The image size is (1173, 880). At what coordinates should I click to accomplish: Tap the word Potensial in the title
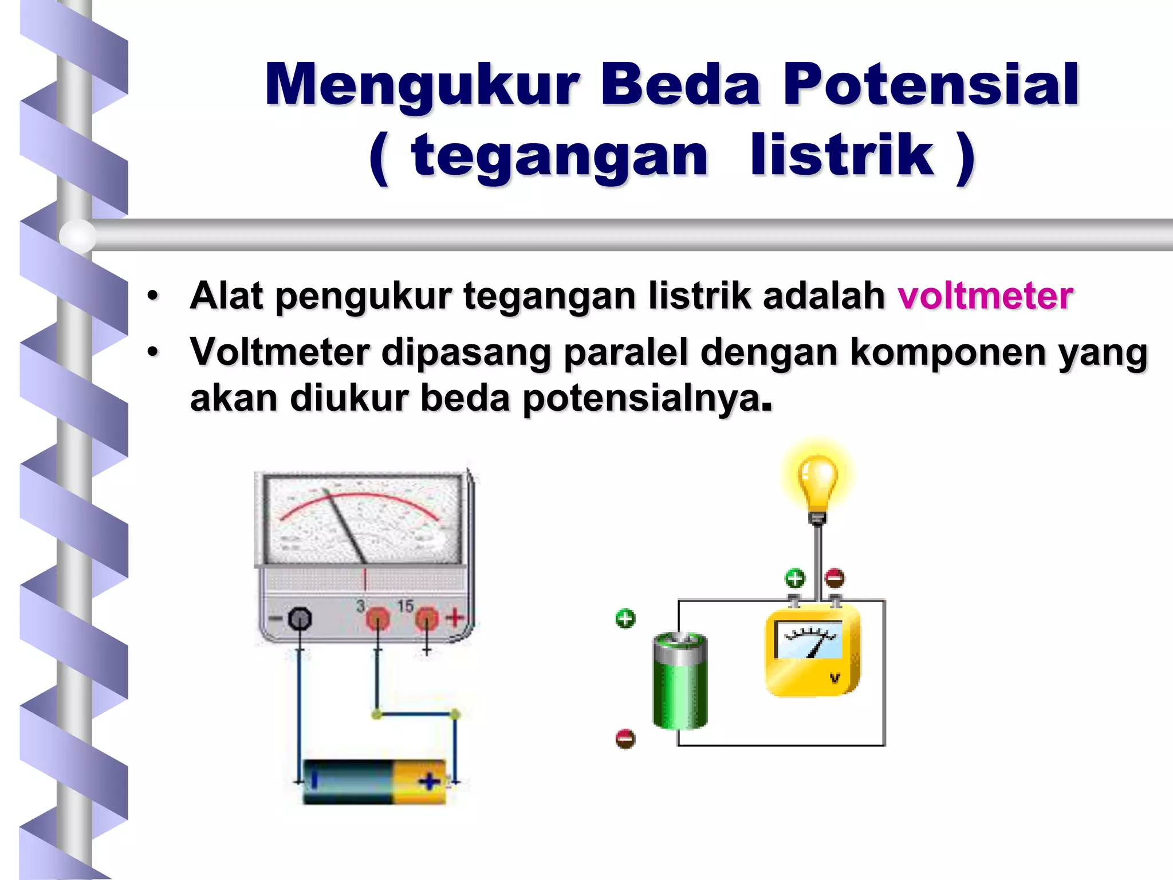click(x=931, y=86)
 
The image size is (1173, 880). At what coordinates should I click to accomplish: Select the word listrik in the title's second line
click(x=842, y=156)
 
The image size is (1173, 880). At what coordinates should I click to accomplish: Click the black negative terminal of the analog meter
click(x=300, y=619)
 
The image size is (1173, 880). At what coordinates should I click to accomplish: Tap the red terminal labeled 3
click(x=377, y=619)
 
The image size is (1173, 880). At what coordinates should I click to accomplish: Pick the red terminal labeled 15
click(x=426, y=619)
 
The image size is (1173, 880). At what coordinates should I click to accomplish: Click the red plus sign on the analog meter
click(x=455, y=618)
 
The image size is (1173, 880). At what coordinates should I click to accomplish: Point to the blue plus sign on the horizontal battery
click(x=430, y=781)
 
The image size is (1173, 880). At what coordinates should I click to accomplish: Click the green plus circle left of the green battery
click(x=625, y=619)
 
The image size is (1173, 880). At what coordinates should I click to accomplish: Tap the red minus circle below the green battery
click(x=625, y=738)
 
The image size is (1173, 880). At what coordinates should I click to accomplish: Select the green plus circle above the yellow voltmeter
click(x=794, y=578)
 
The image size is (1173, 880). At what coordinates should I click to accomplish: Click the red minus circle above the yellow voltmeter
click(x=835, y=578)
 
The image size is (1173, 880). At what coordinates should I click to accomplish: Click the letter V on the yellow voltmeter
click(x=835, y=679)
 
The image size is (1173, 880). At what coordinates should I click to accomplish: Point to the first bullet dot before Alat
click(x=152, y=296)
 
